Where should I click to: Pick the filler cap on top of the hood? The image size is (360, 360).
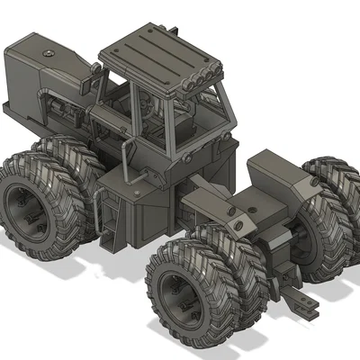(x=47, y=56)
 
